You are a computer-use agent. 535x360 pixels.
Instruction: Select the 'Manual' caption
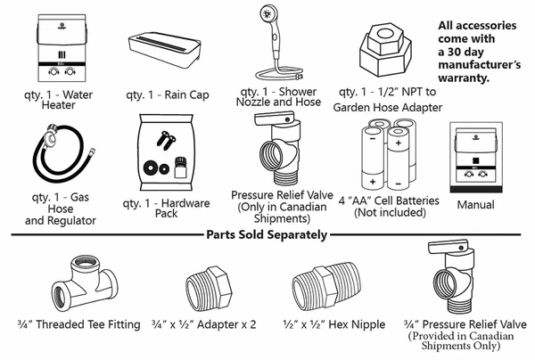coord(475,205)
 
